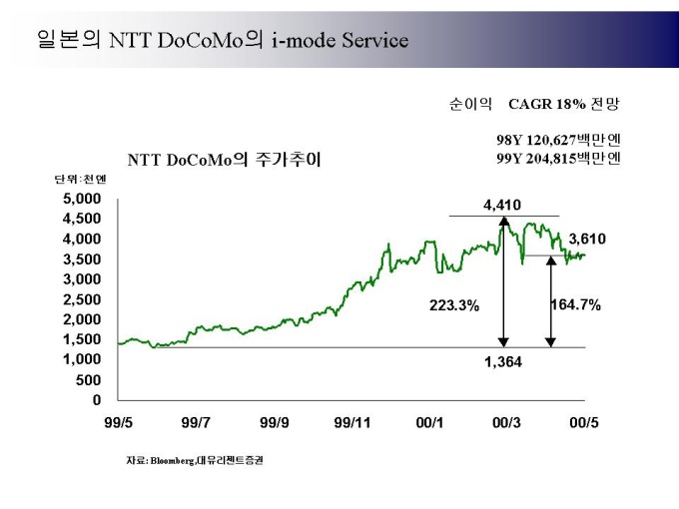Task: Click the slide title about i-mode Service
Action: (222, 39)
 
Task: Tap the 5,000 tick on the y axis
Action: (83, 199)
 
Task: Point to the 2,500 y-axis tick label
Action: (83, 299)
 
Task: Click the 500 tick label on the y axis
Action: (89, 380)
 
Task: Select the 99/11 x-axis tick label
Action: (351, 423)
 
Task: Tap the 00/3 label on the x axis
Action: (506, 423)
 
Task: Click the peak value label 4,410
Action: (502, 206)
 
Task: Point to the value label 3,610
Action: (587, 240)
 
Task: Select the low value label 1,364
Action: (503, 362)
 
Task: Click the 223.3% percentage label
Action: (454, 305)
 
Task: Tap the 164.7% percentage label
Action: (576, 305)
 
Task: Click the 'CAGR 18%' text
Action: (544, 104)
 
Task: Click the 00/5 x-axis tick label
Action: (584, 423)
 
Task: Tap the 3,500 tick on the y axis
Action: (83, 259)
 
